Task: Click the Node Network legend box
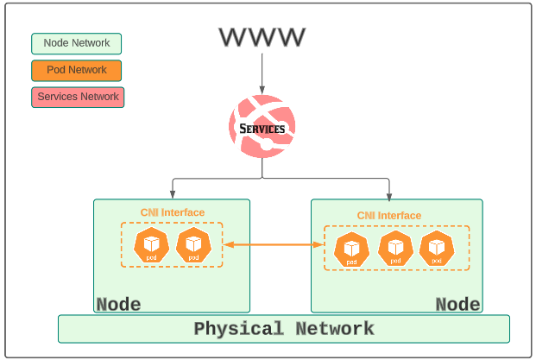tap(77, 43)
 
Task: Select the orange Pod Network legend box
tap(77, 70)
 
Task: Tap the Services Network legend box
tap(78, 97)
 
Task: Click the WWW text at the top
tap(262, 37)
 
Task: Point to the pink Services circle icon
tap(262, 126)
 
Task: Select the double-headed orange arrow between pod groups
tap(273, 245)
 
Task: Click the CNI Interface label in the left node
tap(173, 212)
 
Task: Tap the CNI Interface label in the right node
tap(389, 216)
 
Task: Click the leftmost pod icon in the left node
tap(151, 244)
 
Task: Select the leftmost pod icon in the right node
tap(351, 249)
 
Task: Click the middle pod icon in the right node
tap(395, 249)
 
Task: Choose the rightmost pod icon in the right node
tap(437, 249)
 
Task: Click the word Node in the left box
tap(118, 304)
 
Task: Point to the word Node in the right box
tap(457, 304)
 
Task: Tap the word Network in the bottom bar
tap(335, 329)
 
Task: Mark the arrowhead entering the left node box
tap(173, 195)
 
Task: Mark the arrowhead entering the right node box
tap(389, 195)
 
